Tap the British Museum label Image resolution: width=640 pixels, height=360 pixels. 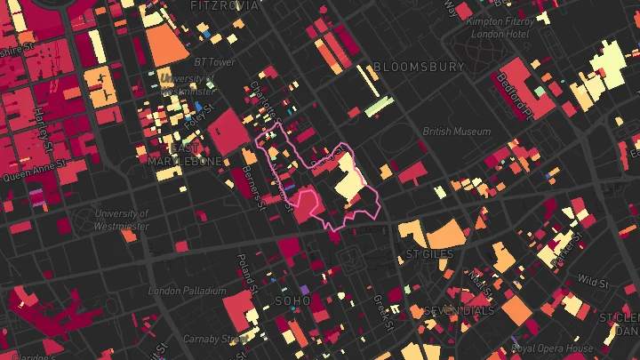tap(456, 132)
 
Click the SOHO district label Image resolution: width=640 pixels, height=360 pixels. tap(292, 301)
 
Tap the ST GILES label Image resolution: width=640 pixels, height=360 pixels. tap(429, 254)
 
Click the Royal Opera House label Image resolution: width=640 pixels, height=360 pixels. tap(552, 348)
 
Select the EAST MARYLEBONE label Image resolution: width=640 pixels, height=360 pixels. tap(185, 155)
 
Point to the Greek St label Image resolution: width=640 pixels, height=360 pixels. tap(378, 310)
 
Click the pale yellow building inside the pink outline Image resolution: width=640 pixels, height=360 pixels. tap(348, 181)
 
